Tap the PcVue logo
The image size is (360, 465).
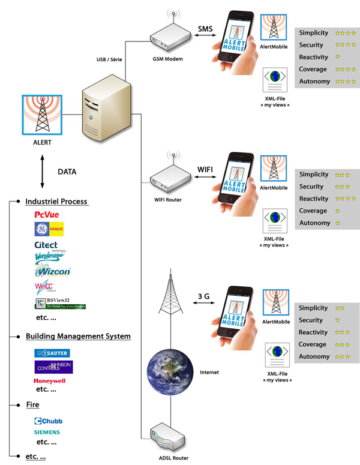46,214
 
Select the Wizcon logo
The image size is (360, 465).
52,271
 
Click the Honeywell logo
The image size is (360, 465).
50,380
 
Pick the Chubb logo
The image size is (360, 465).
48,421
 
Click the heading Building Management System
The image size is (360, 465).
78,337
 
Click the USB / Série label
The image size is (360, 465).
111,59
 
